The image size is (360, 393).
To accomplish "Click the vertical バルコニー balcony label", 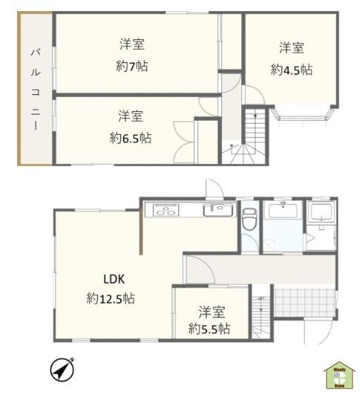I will (x=34, y=89).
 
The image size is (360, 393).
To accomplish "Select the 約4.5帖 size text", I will (x=291, y=70).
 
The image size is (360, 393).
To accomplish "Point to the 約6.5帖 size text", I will (x=131, y=138).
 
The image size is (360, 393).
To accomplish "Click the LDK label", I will (x=113, y=280).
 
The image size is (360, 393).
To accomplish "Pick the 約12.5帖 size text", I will (x=111, y=299).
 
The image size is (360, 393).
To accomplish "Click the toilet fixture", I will (x=249, y=219).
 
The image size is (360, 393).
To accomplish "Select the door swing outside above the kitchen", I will (x=212, y=187).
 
